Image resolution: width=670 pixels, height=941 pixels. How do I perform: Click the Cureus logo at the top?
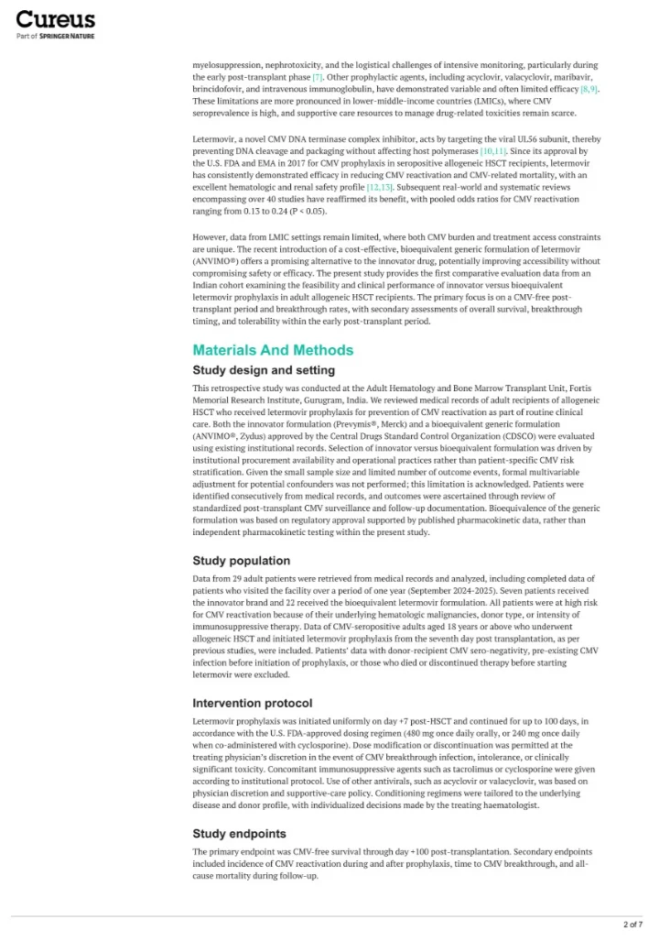click(x=55, y=18)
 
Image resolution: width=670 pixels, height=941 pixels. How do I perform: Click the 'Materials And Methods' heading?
click(x=272, y=350)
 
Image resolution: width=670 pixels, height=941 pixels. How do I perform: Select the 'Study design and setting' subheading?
click(x=264, y=370)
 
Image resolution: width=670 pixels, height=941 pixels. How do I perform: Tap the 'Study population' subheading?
click(x=241, y=560)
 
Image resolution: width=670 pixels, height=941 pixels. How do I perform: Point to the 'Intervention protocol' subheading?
click(x=253, y=703)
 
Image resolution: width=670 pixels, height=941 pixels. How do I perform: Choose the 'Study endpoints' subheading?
click(x=239, y=834)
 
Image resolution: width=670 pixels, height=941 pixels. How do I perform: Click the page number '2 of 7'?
click(x=632, y=924)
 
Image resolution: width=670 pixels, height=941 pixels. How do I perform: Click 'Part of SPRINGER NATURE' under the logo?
click(x=55, y=36)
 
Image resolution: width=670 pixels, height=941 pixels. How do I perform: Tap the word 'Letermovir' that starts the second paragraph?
click(x=212, y=137)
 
